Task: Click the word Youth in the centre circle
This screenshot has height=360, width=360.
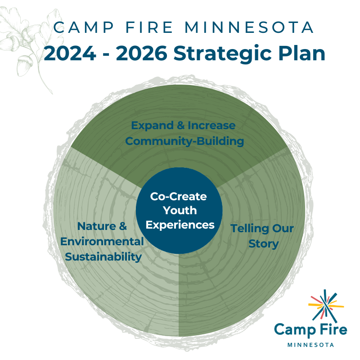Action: [x=179, y=210]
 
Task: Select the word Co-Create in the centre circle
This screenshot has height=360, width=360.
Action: [x=179, y=197]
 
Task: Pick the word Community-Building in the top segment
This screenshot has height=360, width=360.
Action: [x=184, y=141]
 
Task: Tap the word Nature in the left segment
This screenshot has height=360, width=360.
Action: [x=95, y=226]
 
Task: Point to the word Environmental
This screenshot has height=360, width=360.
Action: [x=102, y=242]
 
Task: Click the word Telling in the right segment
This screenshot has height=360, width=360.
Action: [x=246, y=229]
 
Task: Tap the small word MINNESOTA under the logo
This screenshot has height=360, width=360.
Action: [x=310, y=345]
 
